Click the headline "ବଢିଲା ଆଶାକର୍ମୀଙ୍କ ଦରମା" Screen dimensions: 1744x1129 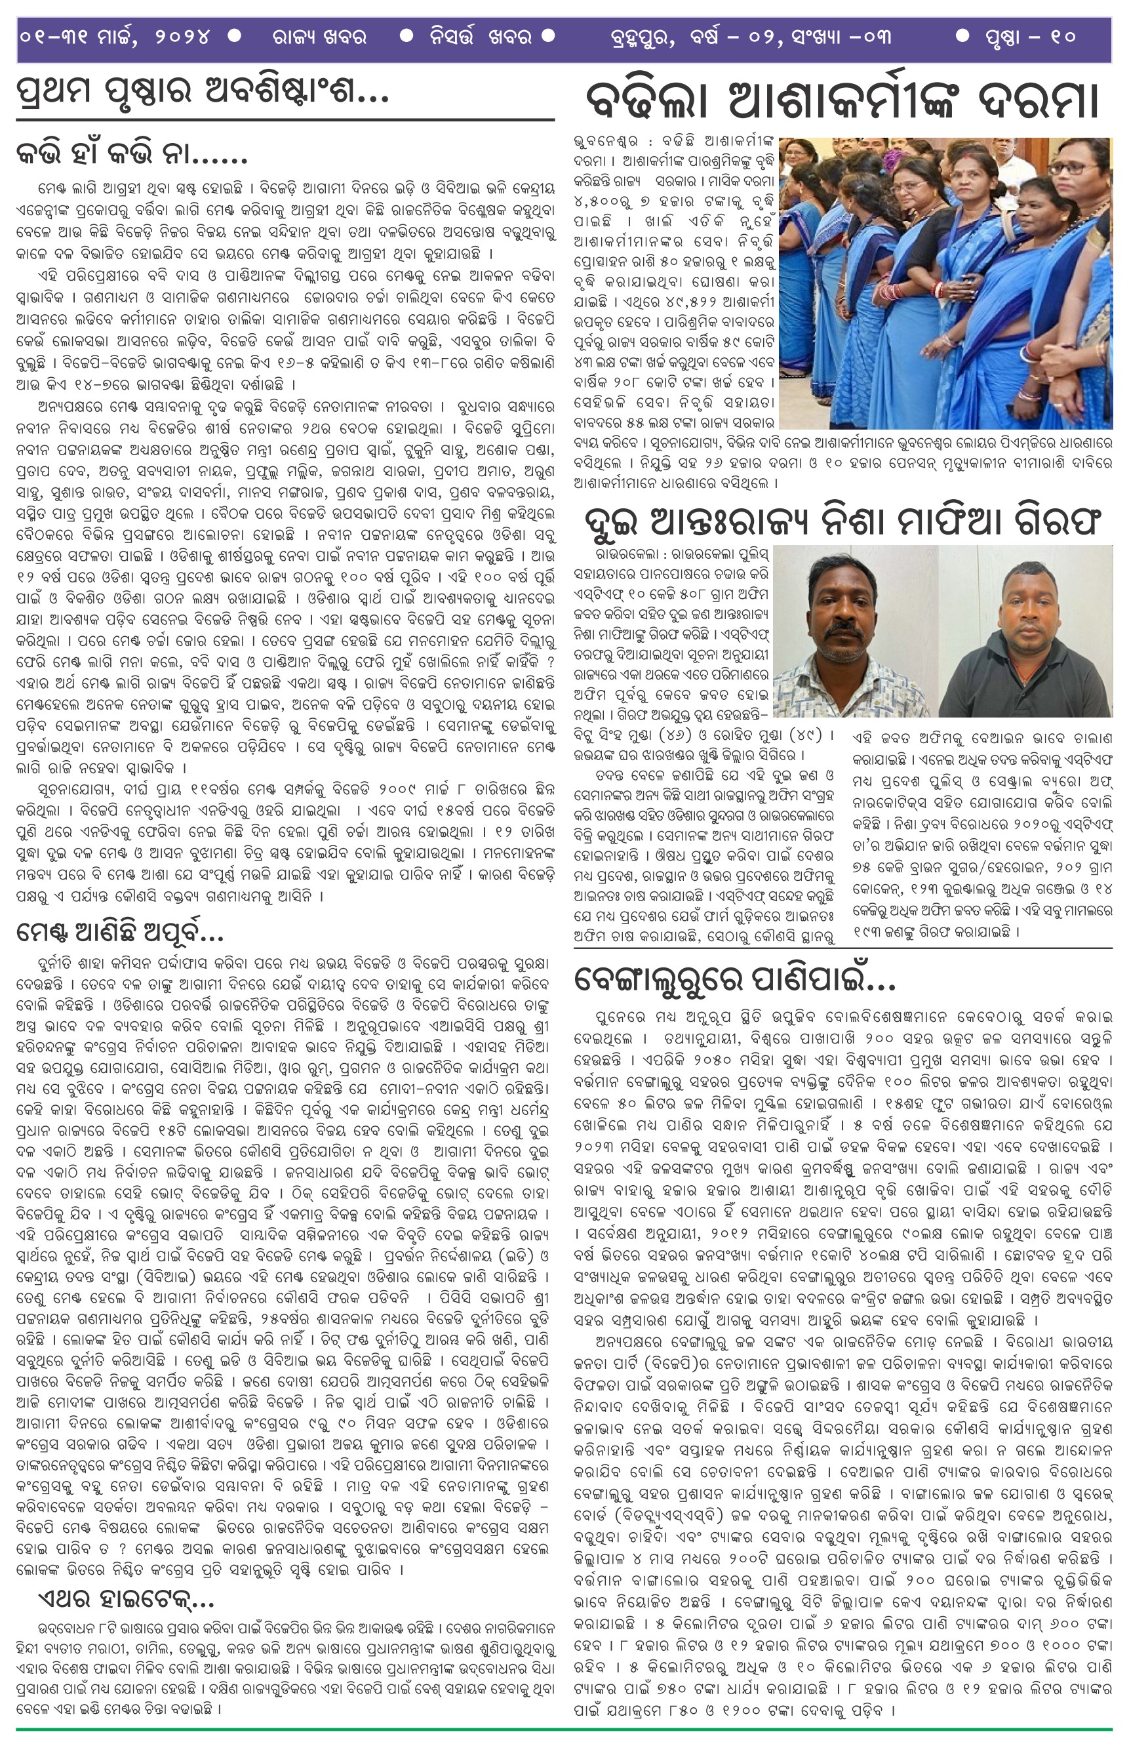click(x=842, y=101)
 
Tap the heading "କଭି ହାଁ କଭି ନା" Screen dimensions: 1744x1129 click(x=132, y=153)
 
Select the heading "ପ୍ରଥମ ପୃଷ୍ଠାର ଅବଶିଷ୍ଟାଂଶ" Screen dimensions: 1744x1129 click(x=201, y=91)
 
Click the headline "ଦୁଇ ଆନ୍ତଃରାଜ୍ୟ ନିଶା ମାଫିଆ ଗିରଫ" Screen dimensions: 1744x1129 click(x=842, y=521)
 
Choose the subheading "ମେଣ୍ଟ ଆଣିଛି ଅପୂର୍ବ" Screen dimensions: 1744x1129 click(x=119, y=932)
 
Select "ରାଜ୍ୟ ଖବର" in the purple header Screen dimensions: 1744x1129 click(x=319, y=37)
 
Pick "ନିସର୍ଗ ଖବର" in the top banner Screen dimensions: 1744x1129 click(x=480, y=37)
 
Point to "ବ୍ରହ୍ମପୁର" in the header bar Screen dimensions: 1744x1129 click(x=642, y=37)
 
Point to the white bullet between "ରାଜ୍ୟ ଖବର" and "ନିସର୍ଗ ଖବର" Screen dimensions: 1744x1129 click(x=406, y=35)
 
